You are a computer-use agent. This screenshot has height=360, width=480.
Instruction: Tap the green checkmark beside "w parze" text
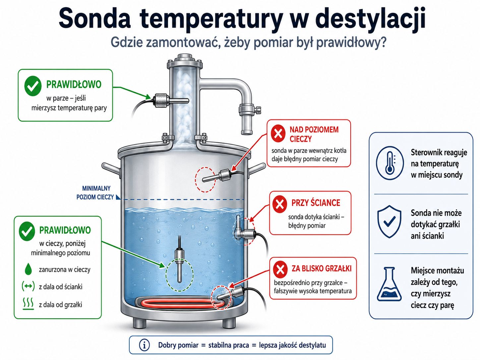33,86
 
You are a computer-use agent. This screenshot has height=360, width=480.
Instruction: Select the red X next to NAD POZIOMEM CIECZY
278,133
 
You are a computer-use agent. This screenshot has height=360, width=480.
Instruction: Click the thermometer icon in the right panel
390,163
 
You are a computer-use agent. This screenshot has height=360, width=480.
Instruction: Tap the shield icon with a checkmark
390,221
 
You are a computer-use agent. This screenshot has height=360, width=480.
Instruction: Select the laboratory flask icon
389,284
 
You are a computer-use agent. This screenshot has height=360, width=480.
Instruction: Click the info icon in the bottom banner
144,345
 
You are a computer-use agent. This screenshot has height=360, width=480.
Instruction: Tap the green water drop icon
28,269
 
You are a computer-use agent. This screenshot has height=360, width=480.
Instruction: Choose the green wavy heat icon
28,304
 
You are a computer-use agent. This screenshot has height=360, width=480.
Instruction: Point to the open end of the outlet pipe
247,132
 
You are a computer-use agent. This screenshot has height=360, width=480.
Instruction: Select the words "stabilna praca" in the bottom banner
228,345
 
